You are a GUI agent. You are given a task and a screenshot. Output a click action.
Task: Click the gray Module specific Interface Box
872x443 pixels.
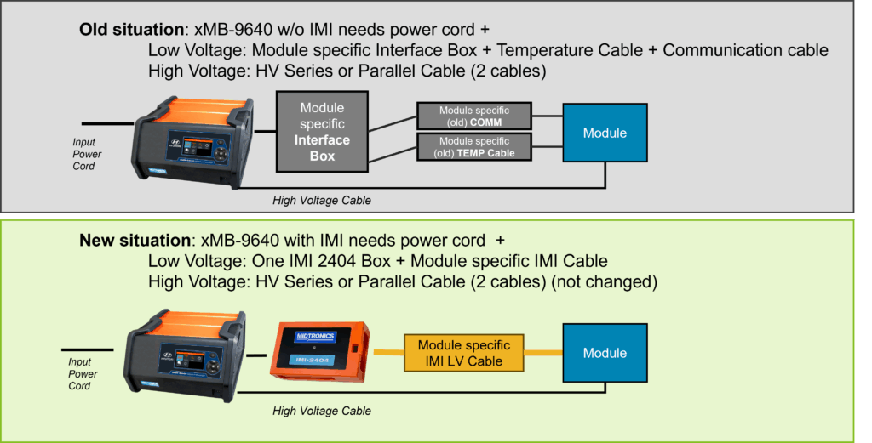click(324, 132)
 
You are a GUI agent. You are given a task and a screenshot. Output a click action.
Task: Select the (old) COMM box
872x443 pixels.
click(474, 116)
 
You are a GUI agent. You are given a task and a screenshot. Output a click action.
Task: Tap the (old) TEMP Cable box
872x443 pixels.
click(474, 146)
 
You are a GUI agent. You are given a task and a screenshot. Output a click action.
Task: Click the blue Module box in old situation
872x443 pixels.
click(605, 133)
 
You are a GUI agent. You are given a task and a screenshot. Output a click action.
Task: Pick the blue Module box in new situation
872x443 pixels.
click(605, 353)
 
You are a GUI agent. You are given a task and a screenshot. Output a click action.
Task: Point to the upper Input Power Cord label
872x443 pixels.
click(86, 155)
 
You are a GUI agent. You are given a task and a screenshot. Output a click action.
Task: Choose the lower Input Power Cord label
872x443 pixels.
click(83, 374)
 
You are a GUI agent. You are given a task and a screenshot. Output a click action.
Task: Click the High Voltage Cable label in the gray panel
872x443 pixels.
click(321, 201)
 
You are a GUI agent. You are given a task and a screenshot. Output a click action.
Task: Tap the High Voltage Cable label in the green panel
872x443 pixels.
click(321, 412)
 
